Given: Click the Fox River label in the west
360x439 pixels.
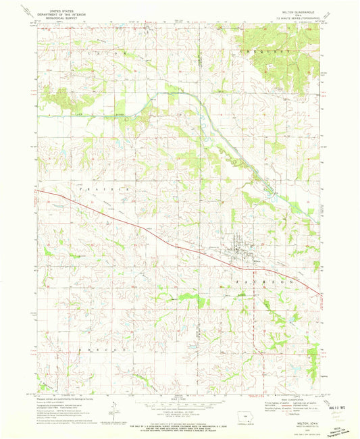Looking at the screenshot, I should tap(68, 116).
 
